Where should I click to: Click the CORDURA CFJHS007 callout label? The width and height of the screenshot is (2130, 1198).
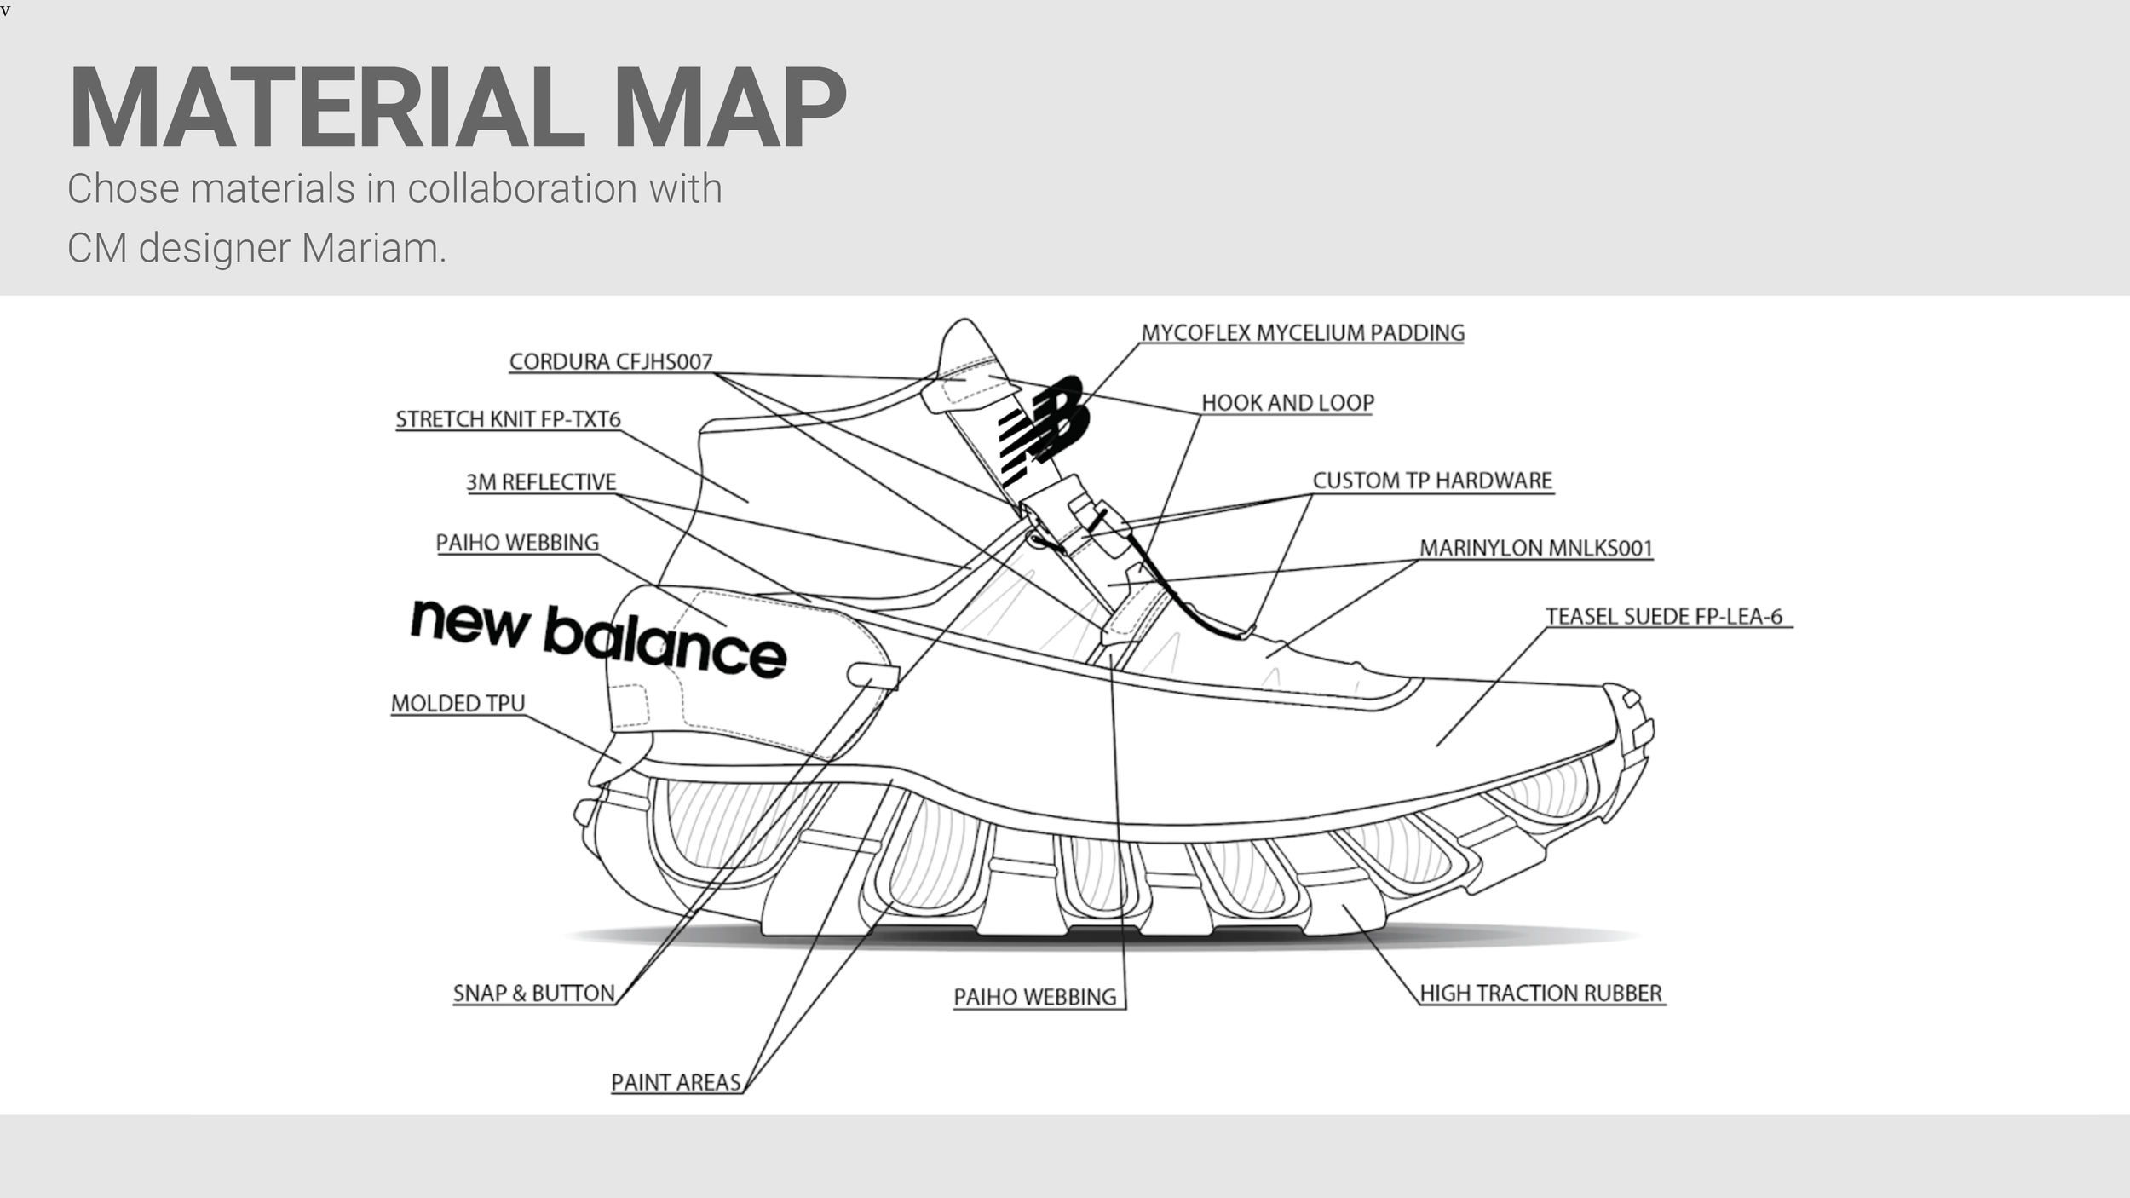(x=610, y=362)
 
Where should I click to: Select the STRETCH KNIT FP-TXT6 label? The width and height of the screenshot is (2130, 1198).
(x=508, y=419)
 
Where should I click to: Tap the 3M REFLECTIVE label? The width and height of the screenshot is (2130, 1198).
(x=541, y=482)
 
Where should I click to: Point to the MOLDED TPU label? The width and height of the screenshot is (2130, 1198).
(x=458, y=704)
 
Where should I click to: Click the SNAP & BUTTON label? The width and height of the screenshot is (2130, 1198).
(x=533, y=994)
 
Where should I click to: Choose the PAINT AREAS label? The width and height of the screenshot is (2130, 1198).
(x=676, y=1083)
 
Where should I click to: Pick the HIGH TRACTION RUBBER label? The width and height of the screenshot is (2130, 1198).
(x=1540, y=994)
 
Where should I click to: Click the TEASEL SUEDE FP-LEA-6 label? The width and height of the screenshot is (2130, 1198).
(x=1664, y=617)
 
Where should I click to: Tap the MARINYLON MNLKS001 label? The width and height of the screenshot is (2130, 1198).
(x=1535, y=548)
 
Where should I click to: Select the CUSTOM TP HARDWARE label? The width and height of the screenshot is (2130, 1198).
(x=1432, y=481)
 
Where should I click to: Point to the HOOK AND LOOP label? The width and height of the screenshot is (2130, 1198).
(x=1287, y=403)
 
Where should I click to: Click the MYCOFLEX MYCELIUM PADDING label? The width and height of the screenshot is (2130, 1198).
(x=1303, y=333)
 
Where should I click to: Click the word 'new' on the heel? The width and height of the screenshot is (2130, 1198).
(x=469, y=623)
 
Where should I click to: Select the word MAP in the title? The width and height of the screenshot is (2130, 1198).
(x=729, y=109)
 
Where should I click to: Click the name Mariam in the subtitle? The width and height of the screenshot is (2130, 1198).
(x=373, y=249)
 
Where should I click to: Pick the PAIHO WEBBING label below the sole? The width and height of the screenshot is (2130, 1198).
(x=1034, y=997)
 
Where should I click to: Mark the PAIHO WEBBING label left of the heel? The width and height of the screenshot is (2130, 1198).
(x=517, y=543)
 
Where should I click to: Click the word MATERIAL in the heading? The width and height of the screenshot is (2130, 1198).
(x=327, y=109)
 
